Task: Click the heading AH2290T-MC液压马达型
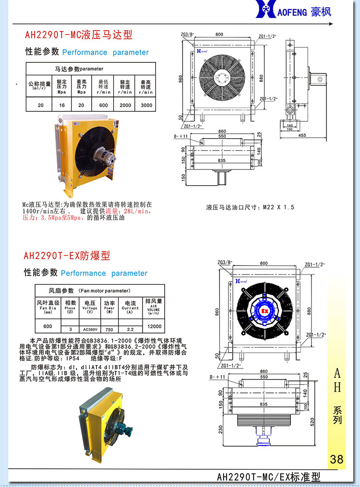pyautogui.click(x=78, y=35)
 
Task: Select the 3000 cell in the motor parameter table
pyautogui.click(x=146, y=105)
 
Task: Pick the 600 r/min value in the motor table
pyautogui.click(x=104, y=105)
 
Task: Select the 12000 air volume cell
pyautogui.click(x=154, y=326)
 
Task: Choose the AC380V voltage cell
pyautogui.click(x=90, y=330)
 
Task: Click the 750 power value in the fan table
pyautogui.click(x=109, y=330)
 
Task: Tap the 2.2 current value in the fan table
pyautogui.click(x=130, y=330)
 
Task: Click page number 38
pyautogui.click(x=336, y=459)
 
